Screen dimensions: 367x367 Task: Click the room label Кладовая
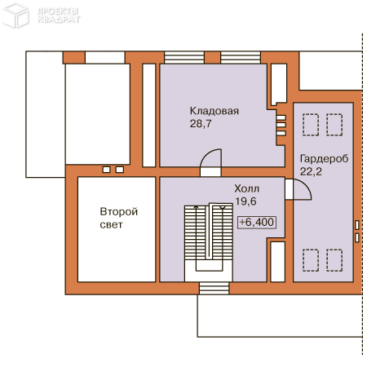point(214,112)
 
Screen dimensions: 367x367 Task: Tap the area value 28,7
point(201,125)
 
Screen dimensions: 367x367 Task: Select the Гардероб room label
point(324,158)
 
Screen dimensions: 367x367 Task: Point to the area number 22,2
point(311,171)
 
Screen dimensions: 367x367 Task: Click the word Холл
point(246,188)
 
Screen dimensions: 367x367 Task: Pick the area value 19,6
point(246,201)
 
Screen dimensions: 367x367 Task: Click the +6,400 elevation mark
point(257,222)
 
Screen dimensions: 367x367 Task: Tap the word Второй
point(118,211)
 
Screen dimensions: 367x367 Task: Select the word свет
point(111,224)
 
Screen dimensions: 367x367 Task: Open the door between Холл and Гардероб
point(297,190)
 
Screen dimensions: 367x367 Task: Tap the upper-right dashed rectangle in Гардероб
point(335,125)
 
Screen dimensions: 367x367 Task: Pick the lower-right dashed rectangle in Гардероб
point(335,260)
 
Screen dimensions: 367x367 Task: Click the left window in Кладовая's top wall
point(179,57)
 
